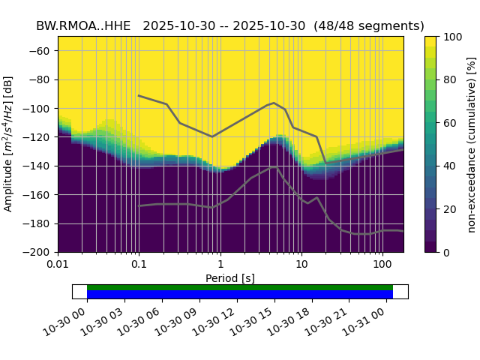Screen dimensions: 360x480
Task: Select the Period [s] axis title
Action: pyautogui.click(x=230, y=278)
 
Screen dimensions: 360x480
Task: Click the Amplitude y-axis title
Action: pyautogui.click(x=9, y=144)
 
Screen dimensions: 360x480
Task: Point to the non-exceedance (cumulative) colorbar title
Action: pyautogui.click(x=471, y=144)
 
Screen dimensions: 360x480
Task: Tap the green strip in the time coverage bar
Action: pyautogui.click(x=240, y=287)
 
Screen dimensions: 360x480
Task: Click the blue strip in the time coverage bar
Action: pyautogui.click(x=240, y=294)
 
